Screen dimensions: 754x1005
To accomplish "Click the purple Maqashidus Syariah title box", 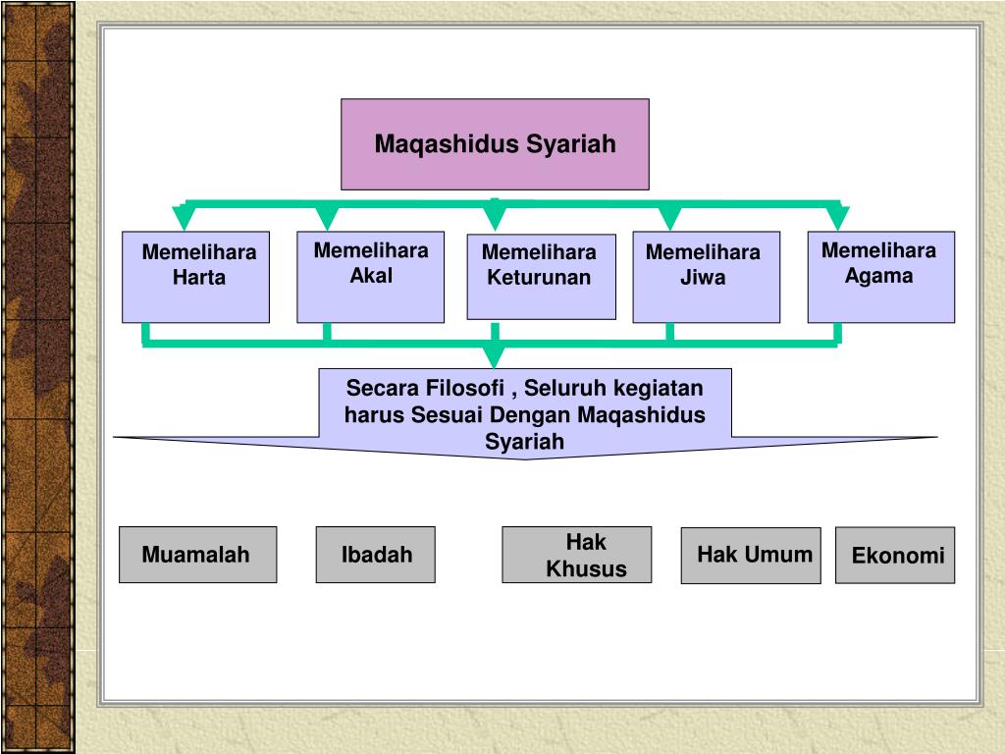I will coord(495,143).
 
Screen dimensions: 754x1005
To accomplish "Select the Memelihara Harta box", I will coord(195,277).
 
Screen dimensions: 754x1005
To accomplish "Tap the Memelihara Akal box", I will coord(370,277).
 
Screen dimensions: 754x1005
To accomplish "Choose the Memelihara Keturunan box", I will coord(541,277).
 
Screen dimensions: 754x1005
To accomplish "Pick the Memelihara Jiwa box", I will coord(706,277).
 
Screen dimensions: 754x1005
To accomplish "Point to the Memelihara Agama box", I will coord(880,277).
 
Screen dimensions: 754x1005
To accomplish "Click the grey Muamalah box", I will coord(197,555).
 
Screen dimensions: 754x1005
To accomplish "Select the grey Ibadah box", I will coord(375,555).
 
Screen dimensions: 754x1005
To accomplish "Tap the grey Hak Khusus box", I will coord(576,555).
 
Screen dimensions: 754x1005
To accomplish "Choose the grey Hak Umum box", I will coord(751,555).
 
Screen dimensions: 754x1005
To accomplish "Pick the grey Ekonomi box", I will coord(894,555).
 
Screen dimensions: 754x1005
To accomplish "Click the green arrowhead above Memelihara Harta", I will coord(184,218).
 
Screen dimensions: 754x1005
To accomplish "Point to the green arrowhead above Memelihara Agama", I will coord(837,218).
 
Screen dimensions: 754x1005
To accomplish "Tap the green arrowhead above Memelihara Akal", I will coord(327,218).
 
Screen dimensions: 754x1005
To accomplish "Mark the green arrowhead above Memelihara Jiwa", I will coord(670,218).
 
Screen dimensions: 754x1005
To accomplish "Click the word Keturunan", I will coord(539,277).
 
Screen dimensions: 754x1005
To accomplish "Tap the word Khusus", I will coord(586,569).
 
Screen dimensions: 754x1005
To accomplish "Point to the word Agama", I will coord(879,276).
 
